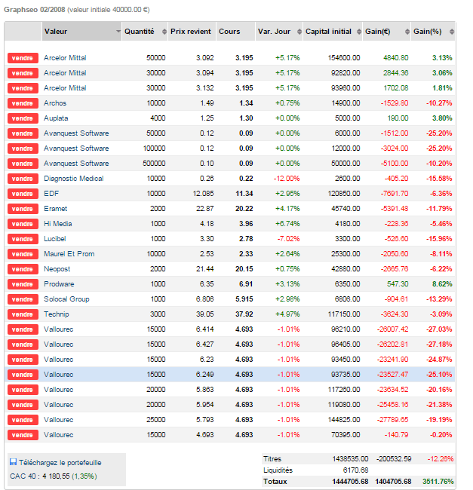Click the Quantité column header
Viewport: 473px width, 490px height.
tap(139, 32)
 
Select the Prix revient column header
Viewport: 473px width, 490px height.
tap(190, 32)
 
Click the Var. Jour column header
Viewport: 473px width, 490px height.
tap(275, 32)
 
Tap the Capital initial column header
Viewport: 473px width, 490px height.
tap(328, 32)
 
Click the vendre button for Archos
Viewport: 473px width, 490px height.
tap(23, 103)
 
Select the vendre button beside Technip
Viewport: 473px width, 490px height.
tap(23, 314)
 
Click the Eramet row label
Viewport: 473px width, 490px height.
tap(55, 209)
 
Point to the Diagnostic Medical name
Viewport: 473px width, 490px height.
tap(74, 179)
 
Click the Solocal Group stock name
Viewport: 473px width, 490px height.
tap(66, 299)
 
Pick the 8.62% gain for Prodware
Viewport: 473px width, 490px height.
tap(442, 284)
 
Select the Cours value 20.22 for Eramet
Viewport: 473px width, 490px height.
tap(243, 209)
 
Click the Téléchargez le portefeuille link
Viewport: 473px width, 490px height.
tap(60, 462)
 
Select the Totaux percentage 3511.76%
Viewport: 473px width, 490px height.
tap(437, 481)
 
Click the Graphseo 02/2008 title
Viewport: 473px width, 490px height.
tap(35, 10)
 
